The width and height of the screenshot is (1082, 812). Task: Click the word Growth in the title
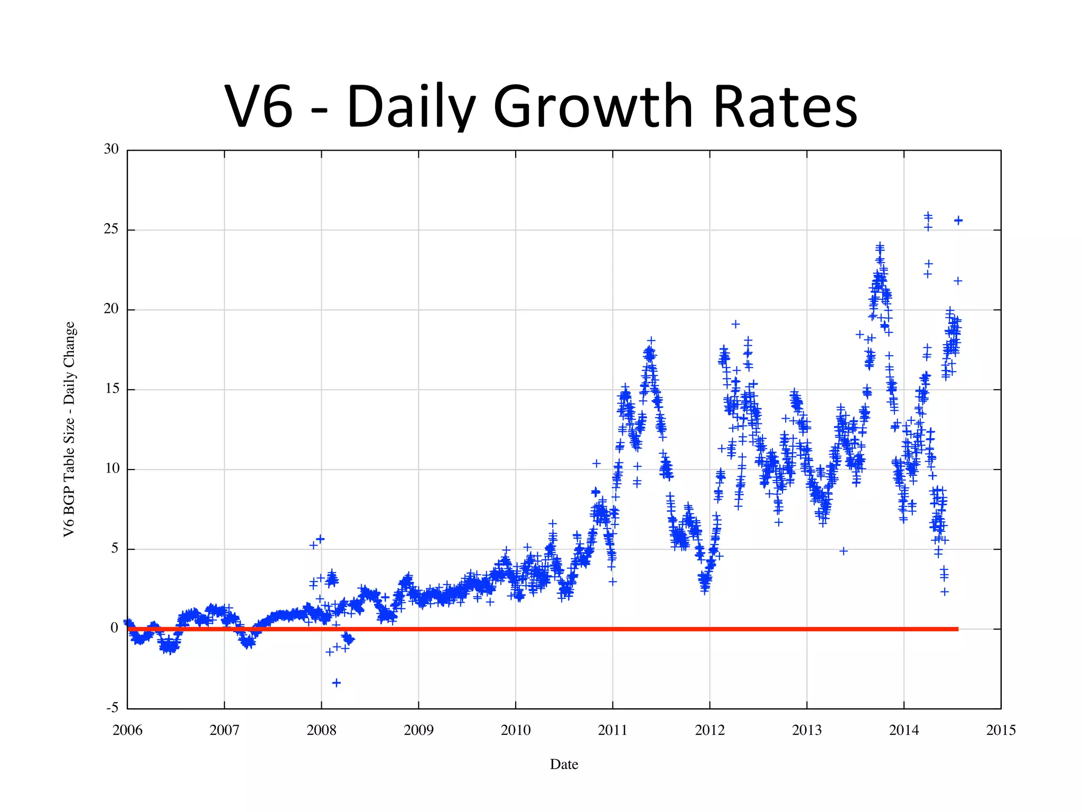[592, 107]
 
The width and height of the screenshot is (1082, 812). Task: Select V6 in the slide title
[258, 107]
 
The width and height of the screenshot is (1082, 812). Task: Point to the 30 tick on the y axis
[111, 149]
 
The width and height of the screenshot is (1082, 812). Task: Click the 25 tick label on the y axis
[111, 229]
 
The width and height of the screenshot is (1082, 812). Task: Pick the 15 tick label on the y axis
[111, 389]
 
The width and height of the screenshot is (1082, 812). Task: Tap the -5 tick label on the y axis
[112, 708]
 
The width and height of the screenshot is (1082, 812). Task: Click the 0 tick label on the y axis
[114, 628]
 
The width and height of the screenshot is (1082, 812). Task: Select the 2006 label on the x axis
[127, 730]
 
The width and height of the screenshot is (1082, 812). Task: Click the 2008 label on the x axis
[321, 730]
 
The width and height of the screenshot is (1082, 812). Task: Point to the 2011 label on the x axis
[612, 730]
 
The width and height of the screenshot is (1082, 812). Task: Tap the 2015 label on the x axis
[1001, 730]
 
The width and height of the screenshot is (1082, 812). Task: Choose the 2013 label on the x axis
[807, 730]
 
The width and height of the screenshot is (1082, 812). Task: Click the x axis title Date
[564, 764]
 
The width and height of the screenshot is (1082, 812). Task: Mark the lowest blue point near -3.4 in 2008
[337, 683]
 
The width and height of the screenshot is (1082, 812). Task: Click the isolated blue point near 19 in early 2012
[735, 324]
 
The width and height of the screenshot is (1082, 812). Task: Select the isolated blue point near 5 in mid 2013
[844, 551]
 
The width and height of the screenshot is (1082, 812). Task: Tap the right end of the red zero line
[956, 629]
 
